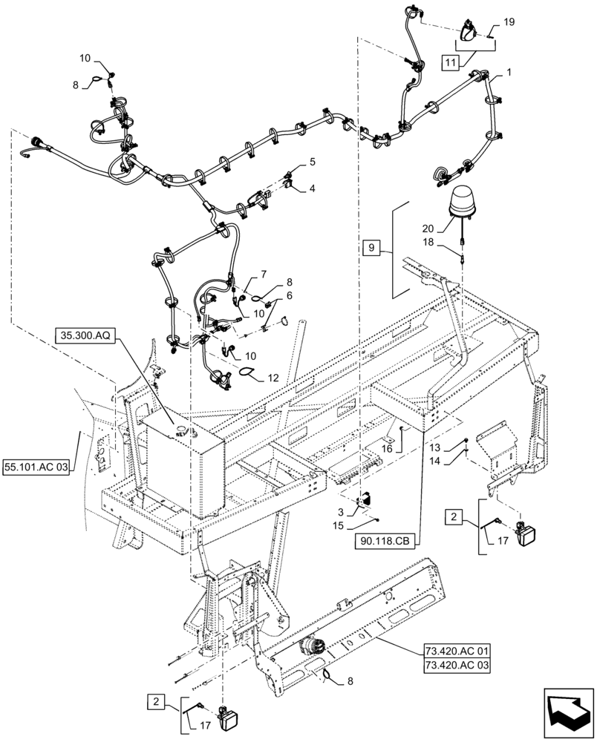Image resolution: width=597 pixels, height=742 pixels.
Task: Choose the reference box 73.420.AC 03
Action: coord(457,666)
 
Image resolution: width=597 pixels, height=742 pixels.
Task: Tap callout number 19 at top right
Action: coord(509,24)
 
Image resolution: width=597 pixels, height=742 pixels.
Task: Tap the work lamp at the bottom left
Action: coord(224,720)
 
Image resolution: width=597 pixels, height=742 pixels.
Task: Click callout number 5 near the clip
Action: coord(313,162)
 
